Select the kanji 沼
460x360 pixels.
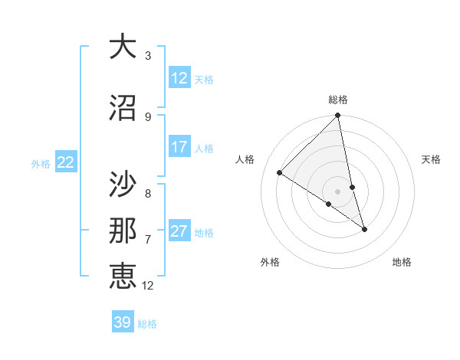123,107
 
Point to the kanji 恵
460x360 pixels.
123,275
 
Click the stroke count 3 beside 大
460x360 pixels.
148,56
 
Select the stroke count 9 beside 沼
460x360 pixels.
148,117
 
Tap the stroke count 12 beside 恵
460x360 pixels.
148,286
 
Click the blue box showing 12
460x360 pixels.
179,77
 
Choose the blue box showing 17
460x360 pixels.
179,147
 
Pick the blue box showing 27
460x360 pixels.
179,231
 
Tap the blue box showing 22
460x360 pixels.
65,162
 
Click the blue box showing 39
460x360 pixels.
122,322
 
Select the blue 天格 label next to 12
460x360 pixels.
204,79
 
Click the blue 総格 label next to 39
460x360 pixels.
147,324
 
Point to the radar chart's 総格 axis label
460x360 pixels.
338,100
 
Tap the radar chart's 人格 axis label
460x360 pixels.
245,159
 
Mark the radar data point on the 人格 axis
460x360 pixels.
280,173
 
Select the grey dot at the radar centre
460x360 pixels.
338,191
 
